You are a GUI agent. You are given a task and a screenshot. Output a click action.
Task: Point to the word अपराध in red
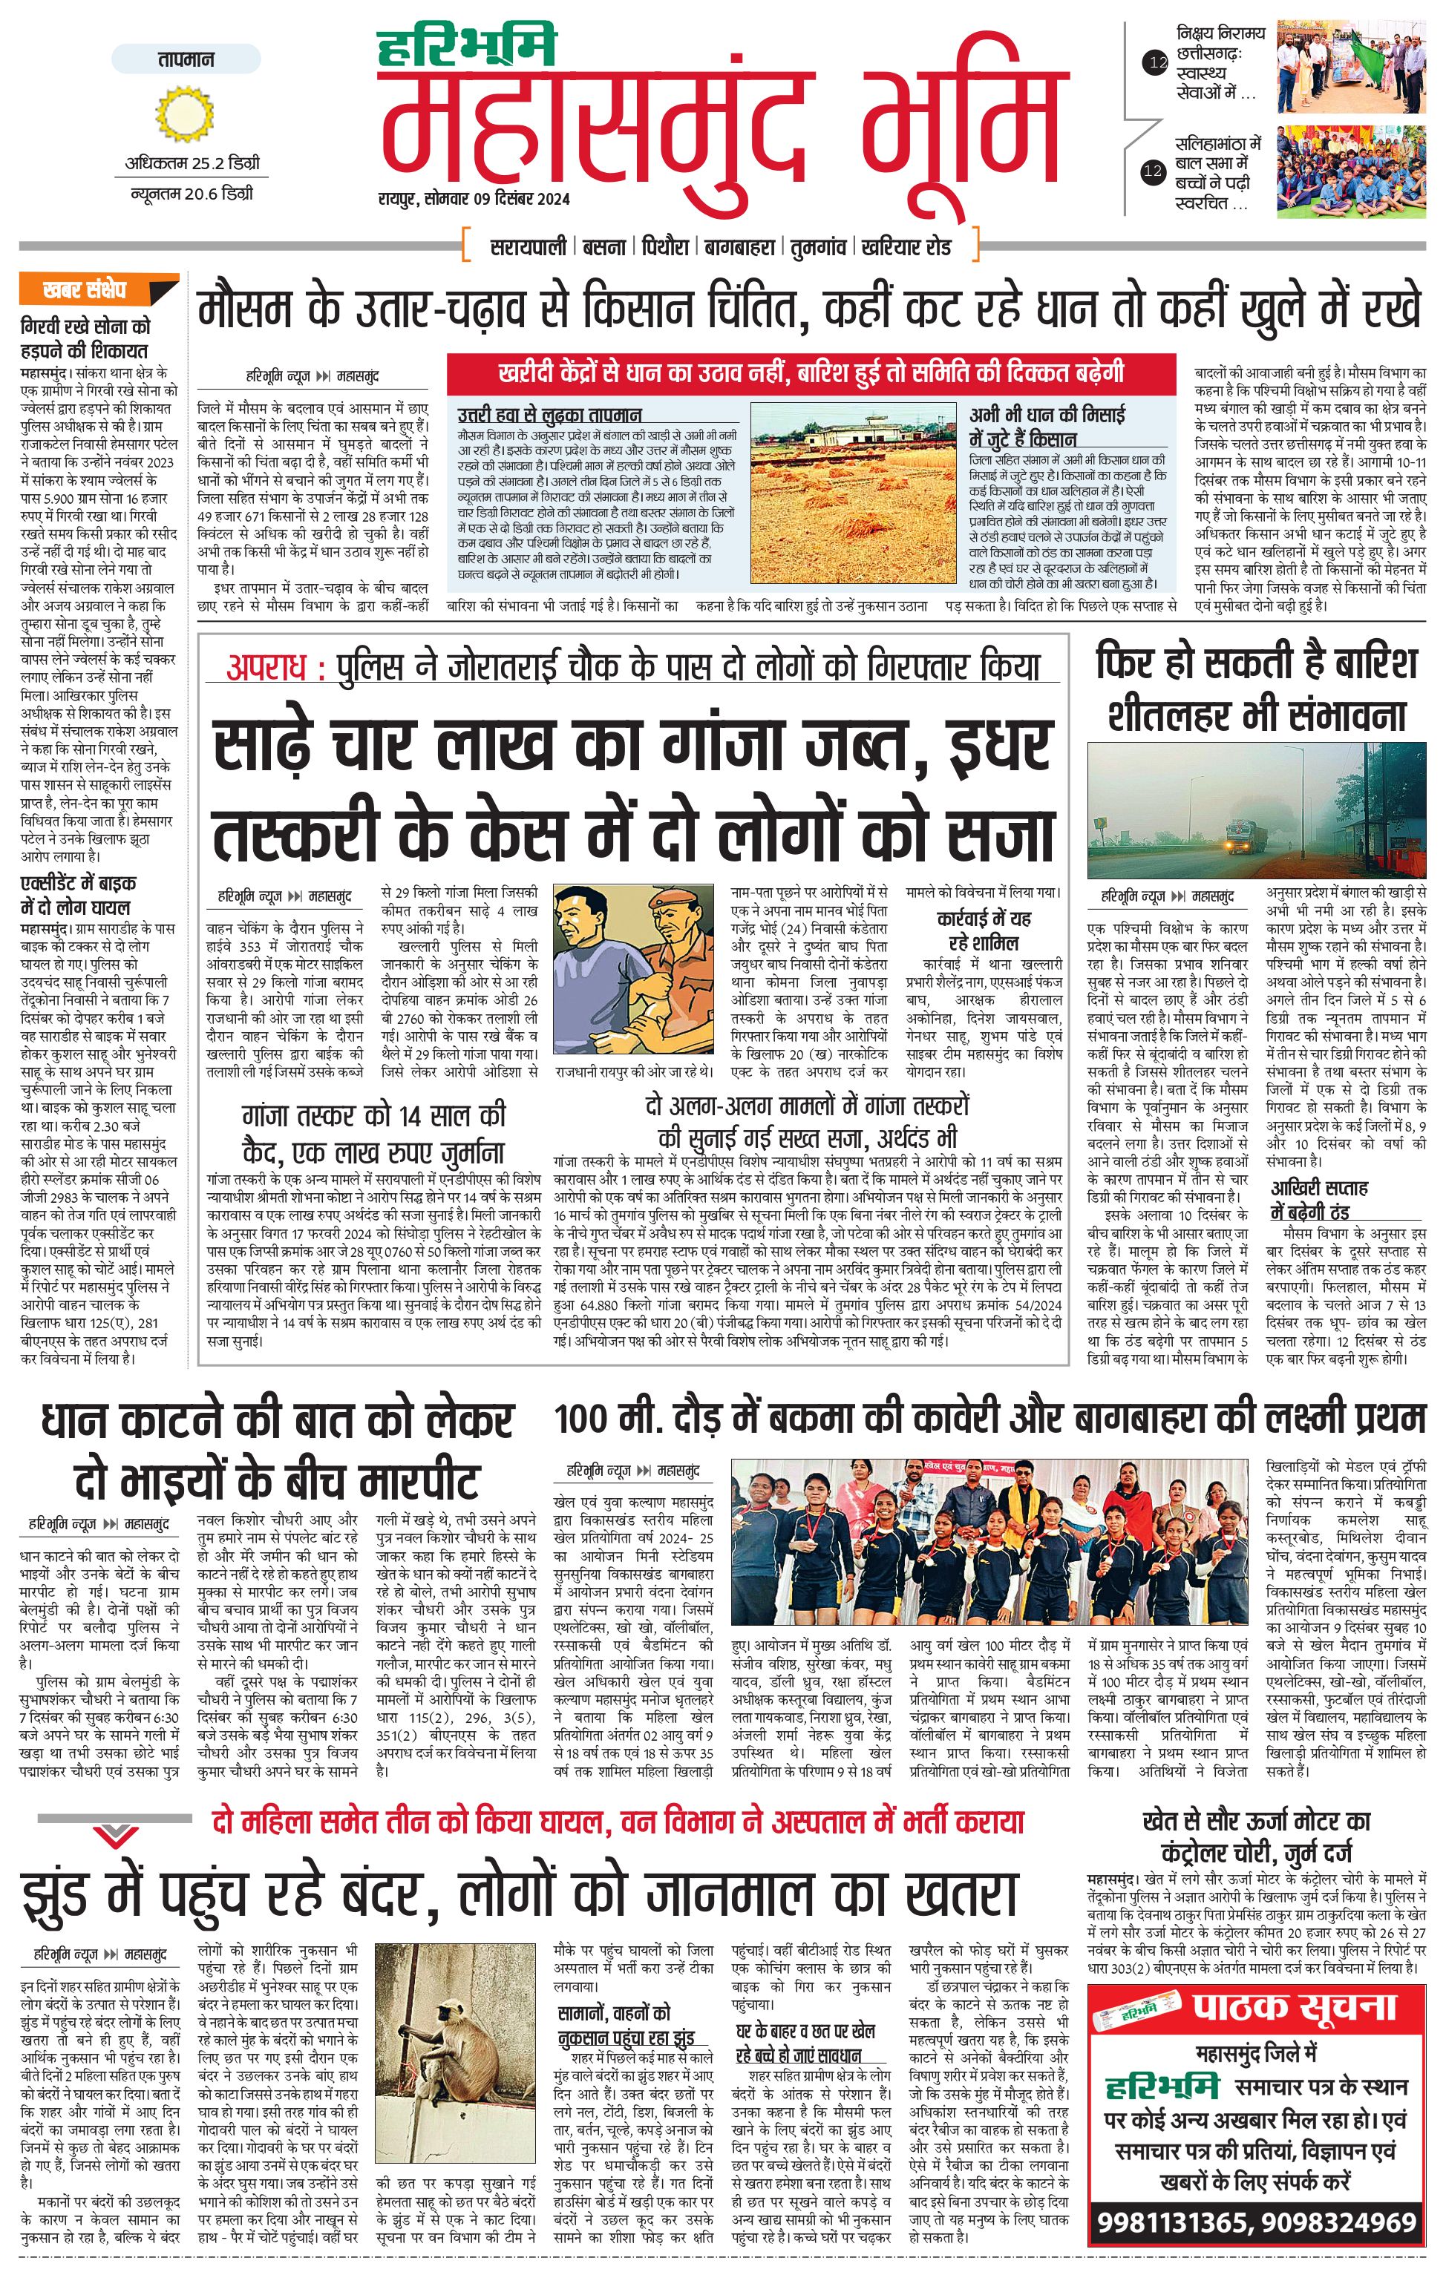[x=269, y=667]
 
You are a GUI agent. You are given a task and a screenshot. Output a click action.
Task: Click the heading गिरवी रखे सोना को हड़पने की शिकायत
[x=86, y=338]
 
